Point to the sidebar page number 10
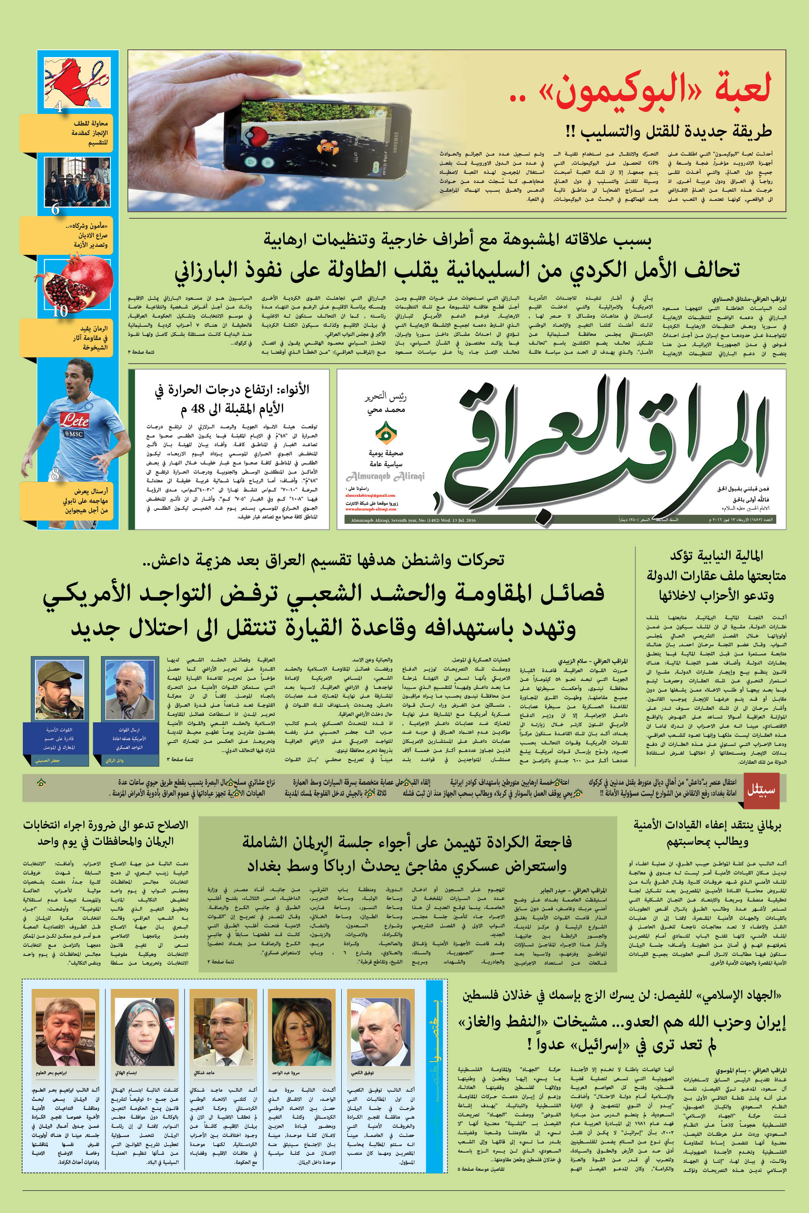(60, 311)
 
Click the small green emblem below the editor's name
(385, 433)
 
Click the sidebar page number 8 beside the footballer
(55, 474)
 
